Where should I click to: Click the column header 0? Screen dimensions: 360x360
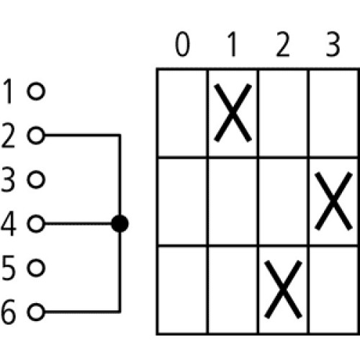tap(182, 45)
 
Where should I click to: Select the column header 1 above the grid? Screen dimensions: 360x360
tap(232, 45)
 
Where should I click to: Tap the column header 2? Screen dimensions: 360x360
tap(283, 45)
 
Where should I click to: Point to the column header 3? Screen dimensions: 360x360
tap(333, 45)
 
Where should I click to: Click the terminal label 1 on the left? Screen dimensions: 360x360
tap(9, 91)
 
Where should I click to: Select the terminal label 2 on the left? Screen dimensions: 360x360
tap(9, 135)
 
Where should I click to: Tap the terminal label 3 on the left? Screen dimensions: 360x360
tap(9, 179)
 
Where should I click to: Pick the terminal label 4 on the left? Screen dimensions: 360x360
tap(9, 224)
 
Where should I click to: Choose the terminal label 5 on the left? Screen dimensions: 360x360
tap(9, 268)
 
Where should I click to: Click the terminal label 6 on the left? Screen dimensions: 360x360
tap(9, 312)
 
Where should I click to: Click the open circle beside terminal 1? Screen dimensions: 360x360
tap(36, 91)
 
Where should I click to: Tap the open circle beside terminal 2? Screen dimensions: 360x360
tap(36, 135)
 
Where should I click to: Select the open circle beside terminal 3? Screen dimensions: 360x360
tap(36, 179)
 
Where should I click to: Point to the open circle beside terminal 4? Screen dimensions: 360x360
tap(36, 224)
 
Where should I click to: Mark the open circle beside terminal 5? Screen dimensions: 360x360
tap(36, 268)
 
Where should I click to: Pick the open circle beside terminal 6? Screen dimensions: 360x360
tap(36, 312)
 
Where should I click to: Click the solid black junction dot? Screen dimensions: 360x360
tap(120, 224)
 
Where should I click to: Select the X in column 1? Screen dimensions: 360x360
tap(233, 113)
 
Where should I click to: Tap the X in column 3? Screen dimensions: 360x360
tap(333, 201)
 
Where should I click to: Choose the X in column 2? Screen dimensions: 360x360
tap(283, 289)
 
